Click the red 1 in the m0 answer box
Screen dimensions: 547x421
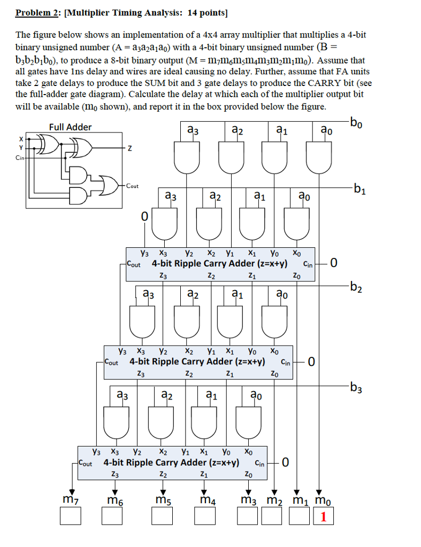[323, 517]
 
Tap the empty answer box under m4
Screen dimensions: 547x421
[205, 517]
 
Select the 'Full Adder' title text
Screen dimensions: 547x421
[70, 127]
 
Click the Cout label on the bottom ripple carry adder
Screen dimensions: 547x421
[86, 462]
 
